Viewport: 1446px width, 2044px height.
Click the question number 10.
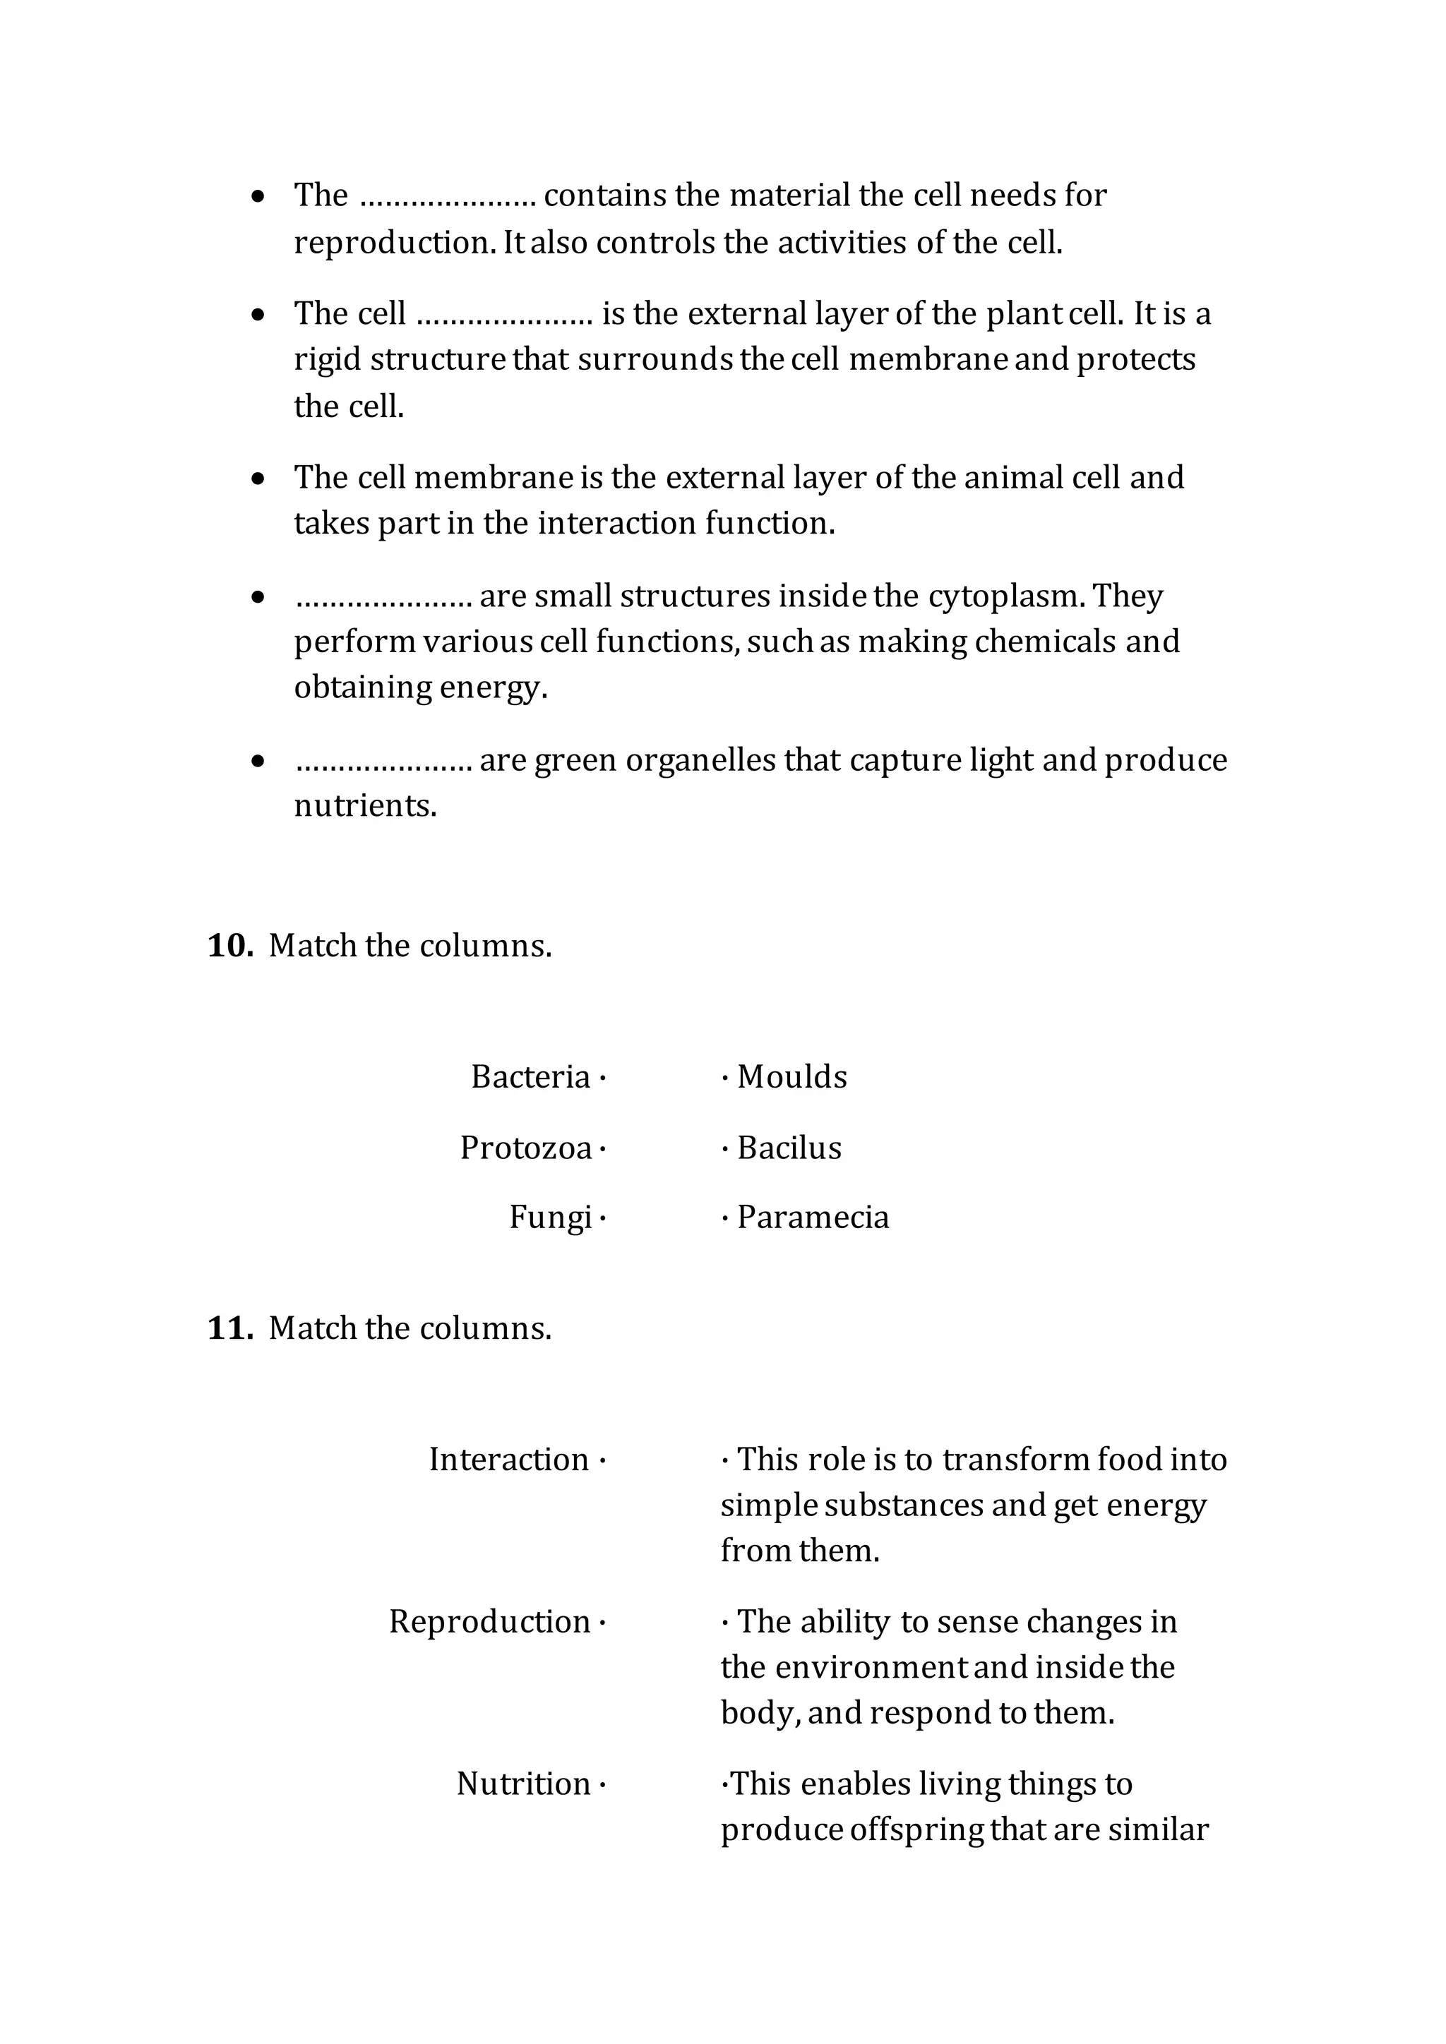(x=229, y=946)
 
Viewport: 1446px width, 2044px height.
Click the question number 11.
(x=229, y=1328)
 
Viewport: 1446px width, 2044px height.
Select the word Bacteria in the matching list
(x=531, y=1077)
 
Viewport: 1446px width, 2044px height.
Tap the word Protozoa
(x=525, y=1148)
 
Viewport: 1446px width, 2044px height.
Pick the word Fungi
(x=550, y=1218)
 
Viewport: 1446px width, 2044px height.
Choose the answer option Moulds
(x=791, y=1077)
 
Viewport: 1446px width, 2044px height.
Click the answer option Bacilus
(x=789, y=1148)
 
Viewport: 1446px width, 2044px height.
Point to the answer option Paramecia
(x=813, y=1218)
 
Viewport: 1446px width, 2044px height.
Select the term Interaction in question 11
(x=508, y=1460)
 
